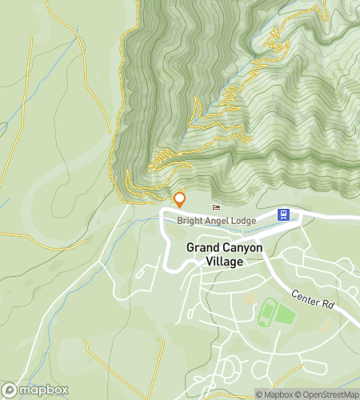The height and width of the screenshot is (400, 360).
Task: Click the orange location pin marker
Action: [x=180, y=199]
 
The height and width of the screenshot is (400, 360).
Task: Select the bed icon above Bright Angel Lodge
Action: [x=216, y=208]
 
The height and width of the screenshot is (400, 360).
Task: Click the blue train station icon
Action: [x=282, y=214]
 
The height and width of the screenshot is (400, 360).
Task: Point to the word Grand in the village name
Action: [x=202, y=248]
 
